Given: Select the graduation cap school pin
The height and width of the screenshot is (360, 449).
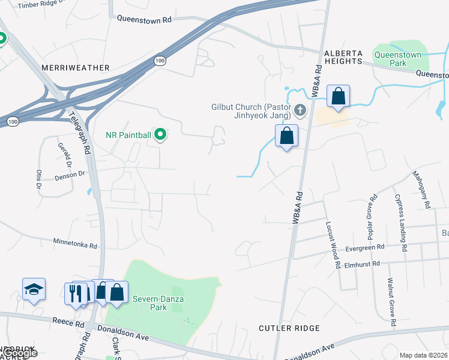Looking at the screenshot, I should pos(34,290).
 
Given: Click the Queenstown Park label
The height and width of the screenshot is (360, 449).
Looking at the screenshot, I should pos(397,58).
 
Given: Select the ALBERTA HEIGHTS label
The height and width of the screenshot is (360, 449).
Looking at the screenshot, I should pos(344,57).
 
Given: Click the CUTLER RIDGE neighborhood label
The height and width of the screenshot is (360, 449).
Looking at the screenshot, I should pos(289,328).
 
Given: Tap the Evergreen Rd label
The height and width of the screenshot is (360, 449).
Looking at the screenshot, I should pos(365,248).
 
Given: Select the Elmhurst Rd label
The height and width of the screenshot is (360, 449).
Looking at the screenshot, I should pos(362,264).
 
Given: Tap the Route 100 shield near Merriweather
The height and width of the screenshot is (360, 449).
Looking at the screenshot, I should pos(160,61).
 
